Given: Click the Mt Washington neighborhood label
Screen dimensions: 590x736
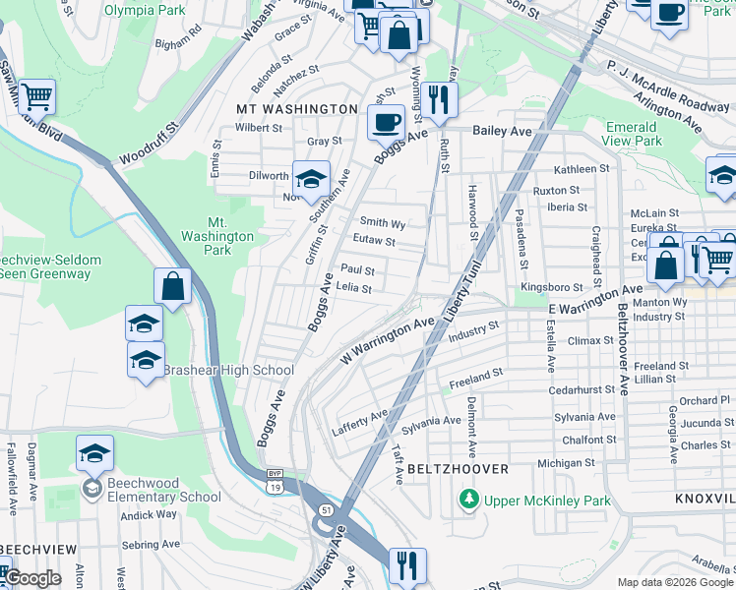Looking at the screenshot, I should coord(296,108).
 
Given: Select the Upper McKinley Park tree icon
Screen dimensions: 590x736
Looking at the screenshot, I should coord(470,501).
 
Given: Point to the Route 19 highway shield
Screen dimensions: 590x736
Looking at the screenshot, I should coord(275,485).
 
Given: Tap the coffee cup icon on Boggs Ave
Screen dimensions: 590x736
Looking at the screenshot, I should coord(385,123).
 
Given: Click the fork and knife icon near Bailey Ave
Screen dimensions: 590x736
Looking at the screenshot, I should coord(439,99).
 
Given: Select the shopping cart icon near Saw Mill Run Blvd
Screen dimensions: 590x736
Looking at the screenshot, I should coord(36,96).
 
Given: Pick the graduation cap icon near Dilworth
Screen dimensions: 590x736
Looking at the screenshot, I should coord(310,179).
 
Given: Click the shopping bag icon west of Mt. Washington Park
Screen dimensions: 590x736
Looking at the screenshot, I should coord(172,287).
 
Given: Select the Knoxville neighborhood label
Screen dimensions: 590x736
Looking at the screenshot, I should coord(705,500).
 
